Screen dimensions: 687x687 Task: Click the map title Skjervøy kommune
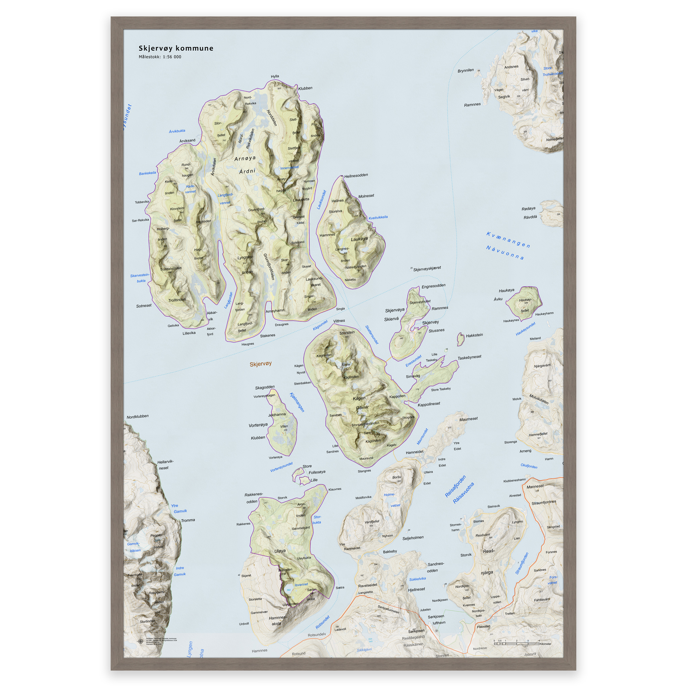tap(176, 48)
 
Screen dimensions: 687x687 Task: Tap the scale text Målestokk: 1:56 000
tap(160, 57)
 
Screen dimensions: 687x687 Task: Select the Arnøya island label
tap(245, 158)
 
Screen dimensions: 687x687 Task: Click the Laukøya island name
tap(359, 239)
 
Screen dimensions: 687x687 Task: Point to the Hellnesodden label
tap(356, 176)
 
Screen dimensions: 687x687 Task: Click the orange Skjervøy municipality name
tap(260, 364)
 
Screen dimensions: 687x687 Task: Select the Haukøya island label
tap(506, 290)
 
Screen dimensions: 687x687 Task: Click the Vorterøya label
tap(258, 425)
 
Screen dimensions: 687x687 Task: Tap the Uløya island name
tap(280, 551)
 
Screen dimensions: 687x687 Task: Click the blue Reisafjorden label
tap(456, 486)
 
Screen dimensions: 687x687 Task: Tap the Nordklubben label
tap(138, 416)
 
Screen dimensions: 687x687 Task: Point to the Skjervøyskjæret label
tap(427, 268)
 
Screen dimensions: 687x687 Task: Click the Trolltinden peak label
tap(177, 300)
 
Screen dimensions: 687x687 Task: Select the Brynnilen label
tap(466, 70)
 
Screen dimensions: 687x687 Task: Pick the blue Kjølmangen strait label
tap(297, 402)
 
